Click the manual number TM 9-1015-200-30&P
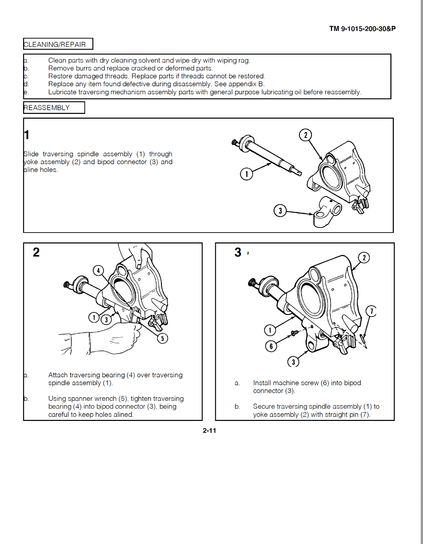[x=362, y=29]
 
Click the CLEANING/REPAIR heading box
[x=58, y=44]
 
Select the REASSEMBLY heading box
[x=54, y=108]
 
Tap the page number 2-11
[x=209, y=430]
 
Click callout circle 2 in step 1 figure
[x=306, y=135]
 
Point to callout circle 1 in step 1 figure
[x=246, y=174]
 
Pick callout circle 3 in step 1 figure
[x=280, y=211]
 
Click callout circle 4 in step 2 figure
[x=98, y=271]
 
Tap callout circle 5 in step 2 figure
[x=162, y=338]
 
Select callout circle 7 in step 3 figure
[x=371, y=311]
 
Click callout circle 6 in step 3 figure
[x=271, y=346]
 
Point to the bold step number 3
[x=238, y=252]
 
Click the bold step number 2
[x=36, y=252]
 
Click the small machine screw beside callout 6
[x=294, y=333]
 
